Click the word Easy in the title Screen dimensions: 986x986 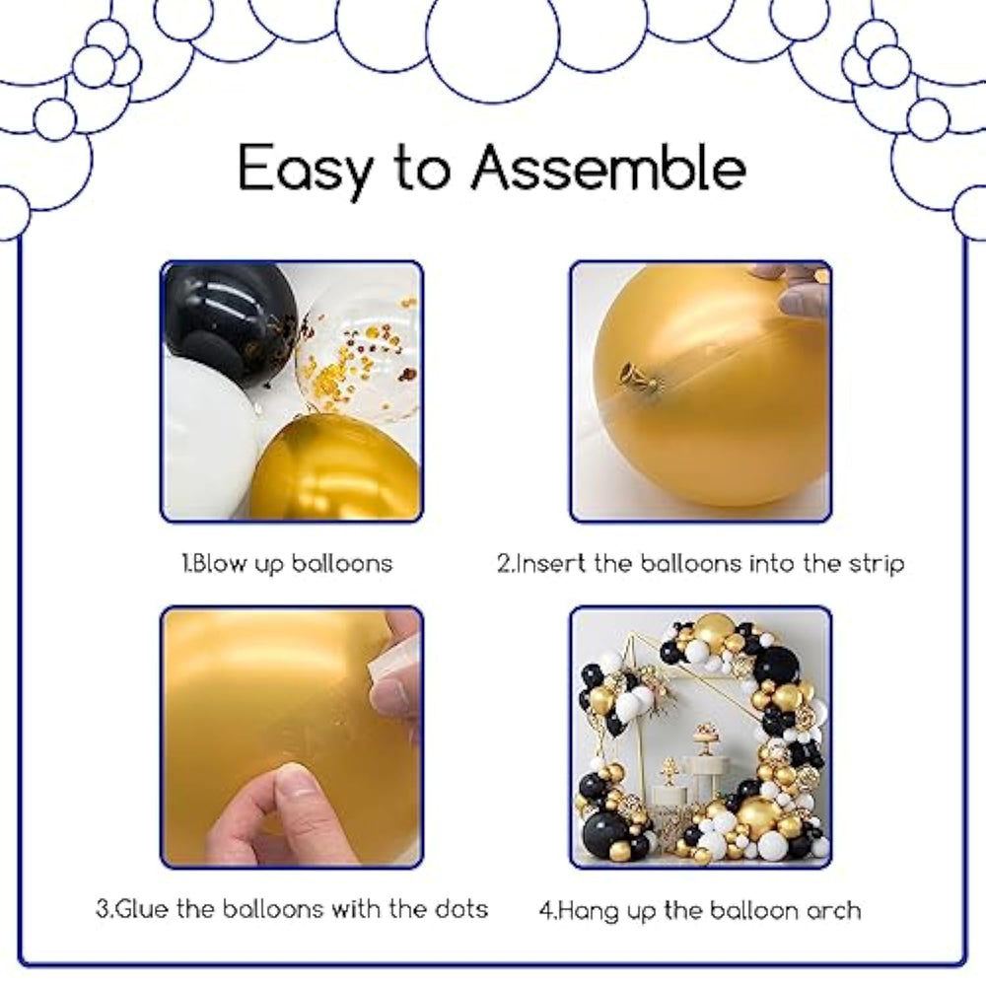[x=305, y=170]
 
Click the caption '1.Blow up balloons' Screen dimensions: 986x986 [x=287, y=563]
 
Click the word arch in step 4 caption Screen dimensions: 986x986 [x=833, y=910]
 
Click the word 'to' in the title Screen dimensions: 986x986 [x=422, y=169]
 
